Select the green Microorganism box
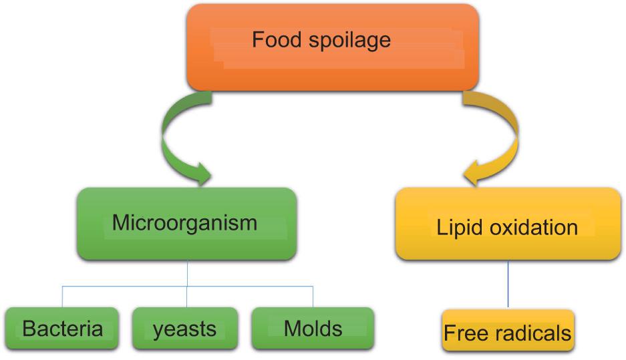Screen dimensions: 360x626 click(x=186, y=224)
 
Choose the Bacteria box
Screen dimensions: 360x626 click(x=63, y=329)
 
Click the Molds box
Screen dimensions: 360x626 click(x=313, y=329)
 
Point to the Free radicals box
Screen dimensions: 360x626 click(x=508, y=331)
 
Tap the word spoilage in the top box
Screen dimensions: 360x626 click(x=357, y=41)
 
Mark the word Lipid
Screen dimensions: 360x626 click(x=458, y=227)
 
